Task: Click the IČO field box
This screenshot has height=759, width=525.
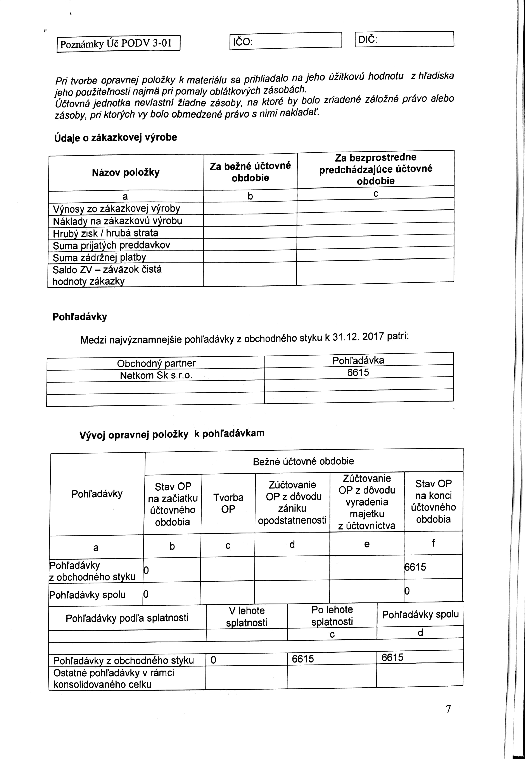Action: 285,41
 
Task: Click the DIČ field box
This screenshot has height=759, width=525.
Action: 404,39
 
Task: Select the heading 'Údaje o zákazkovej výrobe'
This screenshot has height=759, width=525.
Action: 116,138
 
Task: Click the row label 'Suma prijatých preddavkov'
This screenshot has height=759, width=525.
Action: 111,245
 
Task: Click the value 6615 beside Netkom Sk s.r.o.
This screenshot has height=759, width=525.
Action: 358,372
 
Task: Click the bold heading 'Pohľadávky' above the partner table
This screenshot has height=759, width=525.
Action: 80,317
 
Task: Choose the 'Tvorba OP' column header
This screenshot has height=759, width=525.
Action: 228,503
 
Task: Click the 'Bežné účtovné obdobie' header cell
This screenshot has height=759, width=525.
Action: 303,461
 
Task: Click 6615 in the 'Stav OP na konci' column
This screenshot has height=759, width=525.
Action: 415,567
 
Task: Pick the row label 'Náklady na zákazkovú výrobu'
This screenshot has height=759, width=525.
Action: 117,221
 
